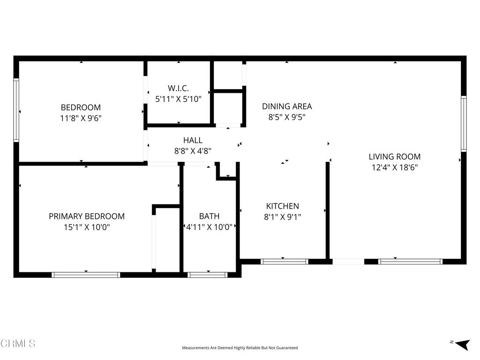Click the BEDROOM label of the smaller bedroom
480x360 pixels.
(81, 107)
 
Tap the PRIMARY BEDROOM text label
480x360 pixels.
(87, 217)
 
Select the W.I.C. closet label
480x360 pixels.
(178, 88)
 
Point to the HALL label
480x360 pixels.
(193, 140)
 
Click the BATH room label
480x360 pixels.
(210, 216)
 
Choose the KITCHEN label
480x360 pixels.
(283, 206)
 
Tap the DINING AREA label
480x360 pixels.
(287, 106)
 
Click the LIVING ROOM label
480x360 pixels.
(395, 157)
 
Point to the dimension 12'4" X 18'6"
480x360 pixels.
(395, 167)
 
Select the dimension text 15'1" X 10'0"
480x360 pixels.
(87, 227)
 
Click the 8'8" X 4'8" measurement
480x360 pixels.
(193, 151)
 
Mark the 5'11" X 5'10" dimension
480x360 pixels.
(179, 99)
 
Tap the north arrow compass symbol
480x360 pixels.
(463, 345)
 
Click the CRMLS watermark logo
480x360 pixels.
(18, 344)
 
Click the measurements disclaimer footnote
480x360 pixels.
(240, 348)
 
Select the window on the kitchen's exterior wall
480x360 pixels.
(285, 262)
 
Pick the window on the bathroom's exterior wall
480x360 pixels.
(208, 275)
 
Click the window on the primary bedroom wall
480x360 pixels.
(86, 275)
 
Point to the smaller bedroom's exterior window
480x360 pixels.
(16, 110)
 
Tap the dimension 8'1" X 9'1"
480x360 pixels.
(283, 217)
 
